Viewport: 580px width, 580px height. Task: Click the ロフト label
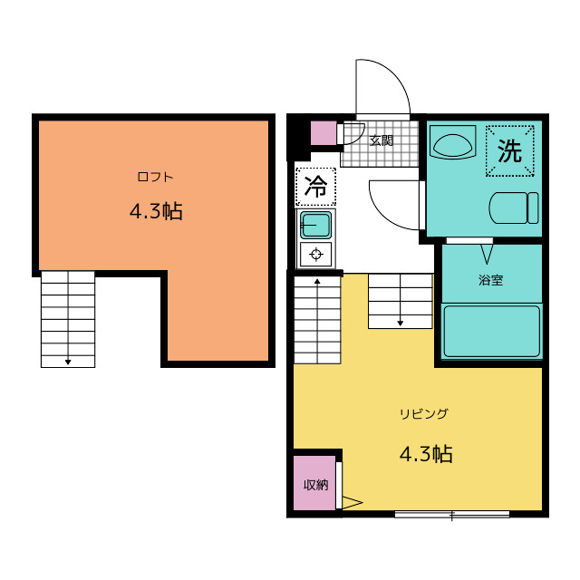click(x=155, y=177)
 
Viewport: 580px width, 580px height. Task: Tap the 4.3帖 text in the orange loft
click(x=156, y=211)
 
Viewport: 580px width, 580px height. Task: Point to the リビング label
click(x=424, y=413)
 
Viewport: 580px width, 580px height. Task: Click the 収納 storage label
click(x=315, y=485)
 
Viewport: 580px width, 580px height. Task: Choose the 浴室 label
click(x=491, y=280)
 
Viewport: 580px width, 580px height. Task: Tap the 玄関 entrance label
click(x=381, y=140)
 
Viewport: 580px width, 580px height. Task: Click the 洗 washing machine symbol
click(x=509, y=150)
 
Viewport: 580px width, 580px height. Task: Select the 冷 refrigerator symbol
click(x=315, y=187)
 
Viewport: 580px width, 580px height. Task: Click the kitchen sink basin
click(x=315, y=225)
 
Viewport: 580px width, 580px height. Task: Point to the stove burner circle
click(x=316, y=255)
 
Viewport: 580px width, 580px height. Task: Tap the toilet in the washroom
click(x=514, y=208)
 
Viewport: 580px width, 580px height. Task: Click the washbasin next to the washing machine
click(x=453, y=143)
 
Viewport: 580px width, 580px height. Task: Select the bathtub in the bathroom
click(x=492, y=331)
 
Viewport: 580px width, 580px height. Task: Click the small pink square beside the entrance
click(x=324, y=133)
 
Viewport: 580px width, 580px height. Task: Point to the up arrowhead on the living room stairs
click(x=317, y=282)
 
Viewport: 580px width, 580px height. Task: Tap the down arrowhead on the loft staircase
click(x=68, y=362)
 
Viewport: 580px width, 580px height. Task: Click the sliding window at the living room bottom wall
click(x=451, y=514)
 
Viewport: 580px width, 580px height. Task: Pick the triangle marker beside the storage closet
click(x=353, y=503)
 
